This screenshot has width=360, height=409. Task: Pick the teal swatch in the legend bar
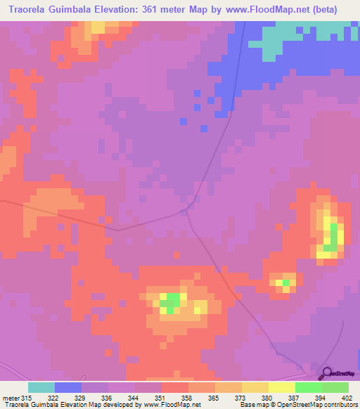41,387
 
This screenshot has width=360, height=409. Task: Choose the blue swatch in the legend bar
68,387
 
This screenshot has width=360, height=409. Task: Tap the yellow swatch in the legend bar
281,387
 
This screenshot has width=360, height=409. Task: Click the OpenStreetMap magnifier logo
326,373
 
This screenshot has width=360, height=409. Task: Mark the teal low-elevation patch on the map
281,35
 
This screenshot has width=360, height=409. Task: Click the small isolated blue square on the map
183,121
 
